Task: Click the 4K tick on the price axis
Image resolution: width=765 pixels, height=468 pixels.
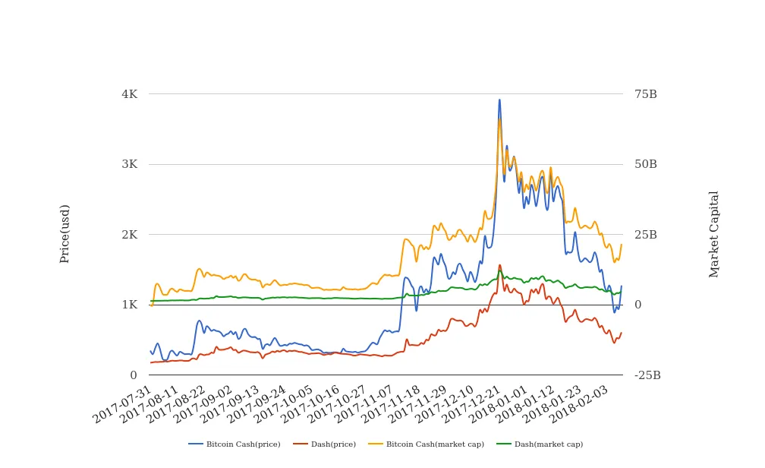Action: click(129, 94)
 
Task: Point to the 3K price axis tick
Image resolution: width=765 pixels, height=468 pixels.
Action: click(129, 164)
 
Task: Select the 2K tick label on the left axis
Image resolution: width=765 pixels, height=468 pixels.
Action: click(129, 235)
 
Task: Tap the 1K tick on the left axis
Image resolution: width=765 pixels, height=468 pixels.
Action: click(129, 305)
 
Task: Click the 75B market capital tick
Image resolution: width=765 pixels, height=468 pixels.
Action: click(645, 94)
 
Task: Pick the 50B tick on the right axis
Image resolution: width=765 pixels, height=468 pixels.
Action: click(645, 164)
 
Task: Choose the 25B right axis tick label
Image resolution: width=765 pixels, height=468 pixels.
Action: click(645, 235)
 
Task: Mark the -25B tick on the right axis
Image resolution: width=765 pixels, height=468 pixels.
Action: click(647, 375)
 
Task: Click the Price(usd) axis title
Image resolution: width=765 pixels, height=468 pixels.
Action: click(65, 234)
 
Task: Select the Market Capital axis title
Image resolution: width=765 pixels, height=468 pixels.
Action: click(714, 234)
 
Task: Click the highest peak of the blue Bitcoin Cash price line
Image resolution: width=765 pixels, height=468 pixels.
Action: click(499, 100)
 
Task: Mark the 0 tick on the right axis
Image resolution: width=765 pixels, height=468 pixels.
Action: click(637, 305)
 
